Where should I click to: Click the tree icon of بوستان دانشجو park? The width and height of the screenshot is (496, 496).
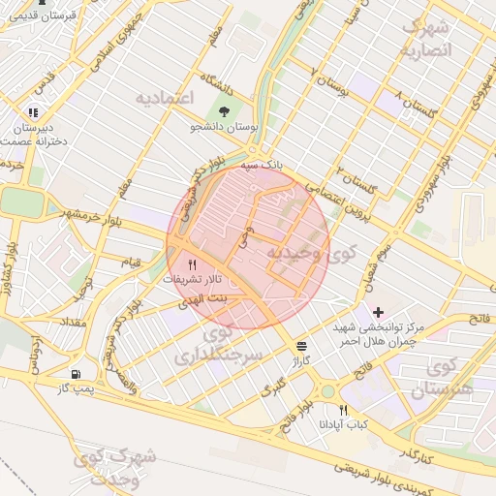point(226,111)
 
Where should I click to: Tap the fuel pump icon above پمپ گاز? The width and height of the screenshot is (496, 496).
point(76,374)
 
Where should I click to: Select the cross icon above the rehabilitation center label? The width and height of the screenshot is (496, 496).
point(378,312)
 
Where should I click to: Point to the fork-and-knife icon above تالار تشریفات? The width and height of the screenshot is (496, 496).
point(192,263)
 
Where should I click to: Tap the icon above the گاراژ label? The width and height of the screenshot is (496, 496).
point(304,346)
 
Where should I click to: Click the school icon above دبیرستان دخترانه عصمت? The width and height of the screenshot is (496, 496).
point(35,112)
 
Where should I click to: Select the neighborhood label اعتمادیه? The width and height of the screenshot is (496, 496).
point(165,98)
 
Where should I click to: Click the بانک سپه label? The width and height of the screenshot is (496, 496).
point(263,166)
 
